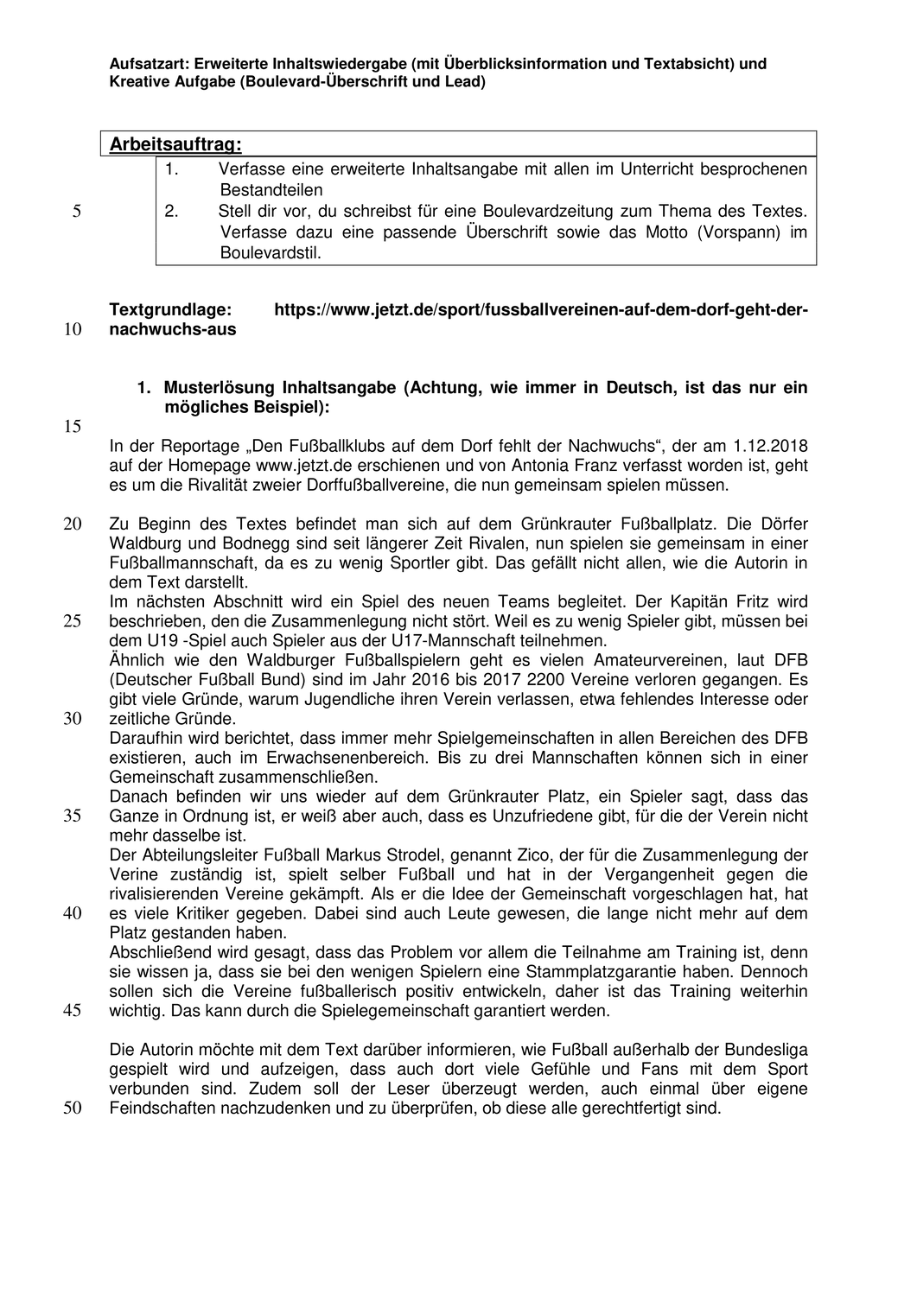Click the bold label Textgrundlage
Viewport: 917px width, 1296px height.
coord(170,309)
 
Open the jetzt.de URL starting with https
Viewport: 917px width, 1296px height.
coord(541,309)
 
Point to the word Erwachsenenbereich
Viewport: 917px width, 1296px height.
coord(391,758)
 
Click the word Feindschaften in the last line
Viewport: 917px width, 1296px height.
coord(159,1109)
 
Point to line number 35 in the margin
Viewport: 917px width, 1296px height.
coord(73,816)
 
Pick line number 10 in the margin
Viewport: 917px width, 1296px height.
coord(73,330)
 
